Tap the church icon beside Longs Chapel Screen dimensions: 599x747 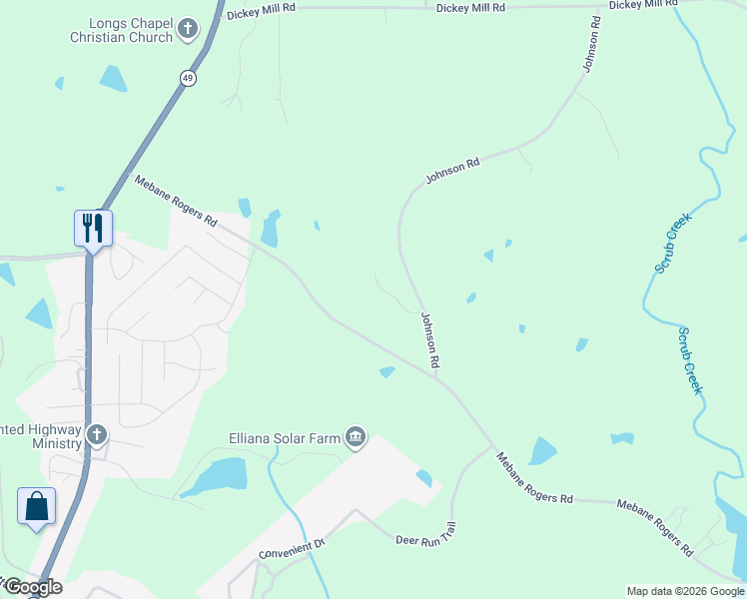(x=187, y=30)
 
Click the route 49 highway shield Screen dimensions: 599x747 (x=189, y=77)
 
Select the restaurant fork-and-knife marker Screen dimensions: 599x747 (x=93, y=228)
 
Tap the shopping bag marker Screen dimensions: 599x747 (x=37, y=505)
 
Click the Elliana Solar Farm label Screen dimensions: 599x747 (x=286, y=436)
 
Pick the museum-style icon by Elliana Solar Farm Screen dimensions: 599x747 (x=356, y=437)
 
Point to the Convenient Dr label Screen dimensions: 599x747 (x=293, y=548)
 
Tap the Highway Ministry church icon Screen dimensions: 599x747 (x=96, y=434)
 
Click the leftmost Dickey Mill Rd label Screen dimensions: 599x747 (x=261, y=7)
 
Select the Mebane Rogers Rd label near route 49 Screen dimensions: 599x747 (x=175, y=201)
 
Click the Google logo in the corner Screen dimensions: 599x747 (x=33, y=587)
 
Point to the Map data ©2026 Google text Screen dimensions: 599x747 (x=685, y=591)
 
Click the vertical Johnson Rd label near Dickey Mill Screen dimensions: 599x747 (x=593, y=43)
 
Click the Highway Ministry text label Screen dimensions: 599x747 (x=41, y=436)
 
